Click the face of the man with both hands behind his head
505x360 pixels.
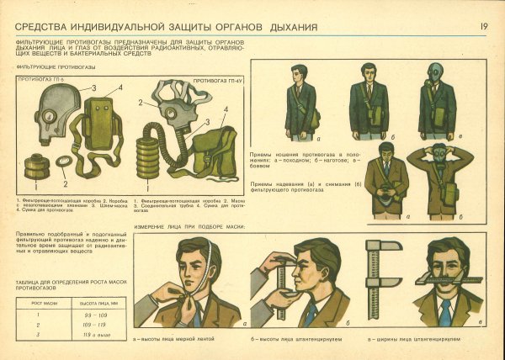[438, 161]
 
